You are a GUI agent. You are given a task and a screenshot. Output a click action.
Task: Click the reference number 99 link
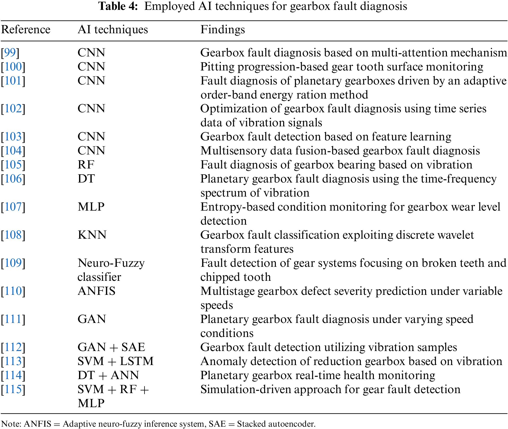10,53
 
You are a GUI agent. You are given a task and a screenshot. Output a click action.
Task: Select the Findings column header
223,30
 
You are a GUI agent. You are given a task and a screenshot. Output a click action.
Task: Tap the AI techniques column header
113,30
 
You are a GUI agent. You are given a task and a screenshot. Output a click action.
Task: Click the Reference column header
26,30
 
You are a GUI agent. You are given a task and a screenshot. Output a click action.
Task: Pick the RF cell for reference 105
86,165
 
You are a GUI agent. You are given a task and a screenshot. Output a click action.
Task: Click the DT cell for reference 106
86,179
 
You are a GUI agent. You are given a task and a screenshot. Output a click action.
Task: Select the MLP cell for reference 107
91,207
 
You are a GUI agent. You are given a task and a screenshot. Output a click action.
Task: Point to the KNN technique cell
92,235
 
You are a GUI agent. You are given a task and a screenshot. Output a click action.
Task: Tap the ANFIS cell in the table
96,291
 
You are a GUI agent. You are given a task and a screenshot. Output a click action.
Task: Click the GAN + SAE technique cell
111,347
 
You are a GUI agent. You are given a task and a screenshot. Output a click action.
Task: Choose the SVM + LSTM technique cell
115,361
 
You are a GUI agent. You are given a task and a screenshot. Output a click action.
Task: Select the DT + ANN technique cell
108,375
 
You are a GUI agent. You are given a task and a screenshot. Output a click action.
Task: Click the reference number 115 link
13,389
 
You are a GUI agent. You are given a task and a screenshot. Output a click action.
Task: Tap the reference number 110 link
13,291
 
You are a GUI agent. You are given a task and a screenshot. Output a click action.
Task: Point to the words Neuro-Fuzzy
111,263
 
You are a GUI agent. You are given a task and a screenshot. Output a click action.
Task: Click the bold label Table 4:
118,6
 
